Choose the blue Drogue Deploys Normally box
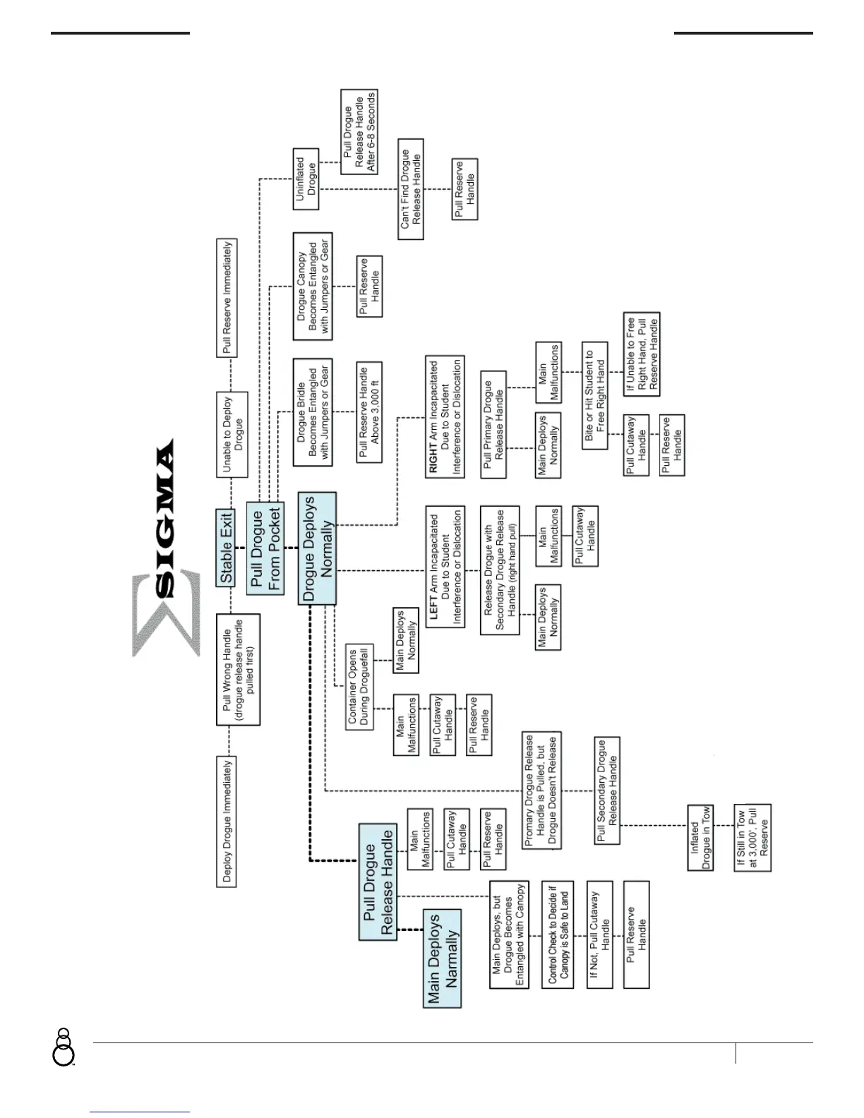[318, 548]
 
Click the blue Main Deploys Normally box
[443, 958]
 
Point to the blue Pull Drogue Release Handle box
[378, 882]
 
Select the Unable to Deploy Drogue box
[232, 434]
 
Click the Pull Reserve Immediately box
[227, 297]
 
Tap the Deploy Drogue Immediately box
[227, 821]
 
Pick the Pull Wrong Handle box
[238, 669]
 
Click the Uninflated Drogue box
[306, 179]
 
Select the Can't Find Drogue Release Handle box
[411, 188]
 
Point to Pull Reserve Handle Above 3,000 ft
[369, 412]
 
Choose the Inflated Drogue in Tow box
[700, 837]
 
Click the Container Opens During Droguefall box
[359, 686]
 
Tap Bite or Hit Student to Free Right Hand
[594, 396]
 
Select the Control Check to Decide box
[558, 934]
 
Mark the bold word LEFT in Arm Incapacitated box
[433, 606]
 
